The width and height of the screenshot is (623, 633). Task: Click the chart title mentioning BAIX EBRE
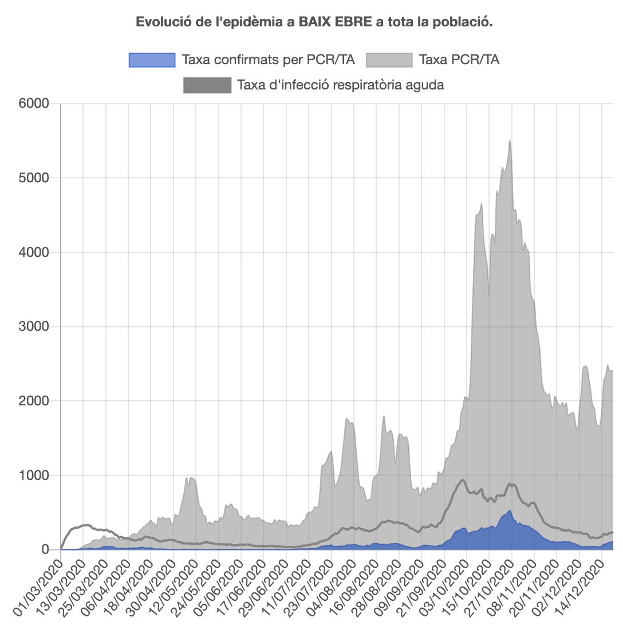[x=314, y=22]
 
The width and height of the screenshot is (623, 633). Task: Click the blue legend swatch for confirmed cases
[x=152, y=60]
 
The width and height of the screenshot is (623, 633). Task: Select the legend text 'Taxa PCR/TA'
[x=459, y=60]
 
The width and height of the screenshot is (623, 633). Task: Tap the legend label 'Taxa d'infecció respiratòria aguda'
[x=341, y=85]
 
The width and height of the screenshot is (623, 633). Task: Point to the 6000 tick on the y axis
[x=36, y=104]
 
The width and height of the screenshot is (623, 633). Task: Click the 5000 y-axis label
[x=36, y=178]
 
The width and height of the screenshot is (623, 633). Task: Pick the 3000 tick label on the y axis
[x=36, y=327]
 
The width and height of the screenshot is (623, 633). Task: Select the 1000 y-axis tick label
[x=36, y=475]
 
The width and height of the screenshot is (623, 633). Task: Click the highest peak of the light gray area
[x=509, y=141]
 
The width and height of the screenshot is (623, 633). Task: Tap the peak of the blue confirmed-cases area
[x=509, y=511]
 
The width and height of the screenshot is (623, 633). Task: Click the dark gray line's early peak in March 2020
[x=86, y=525]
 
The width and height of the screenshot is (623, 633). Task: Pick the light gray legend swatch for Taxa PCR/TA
[x=389, y=60]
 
